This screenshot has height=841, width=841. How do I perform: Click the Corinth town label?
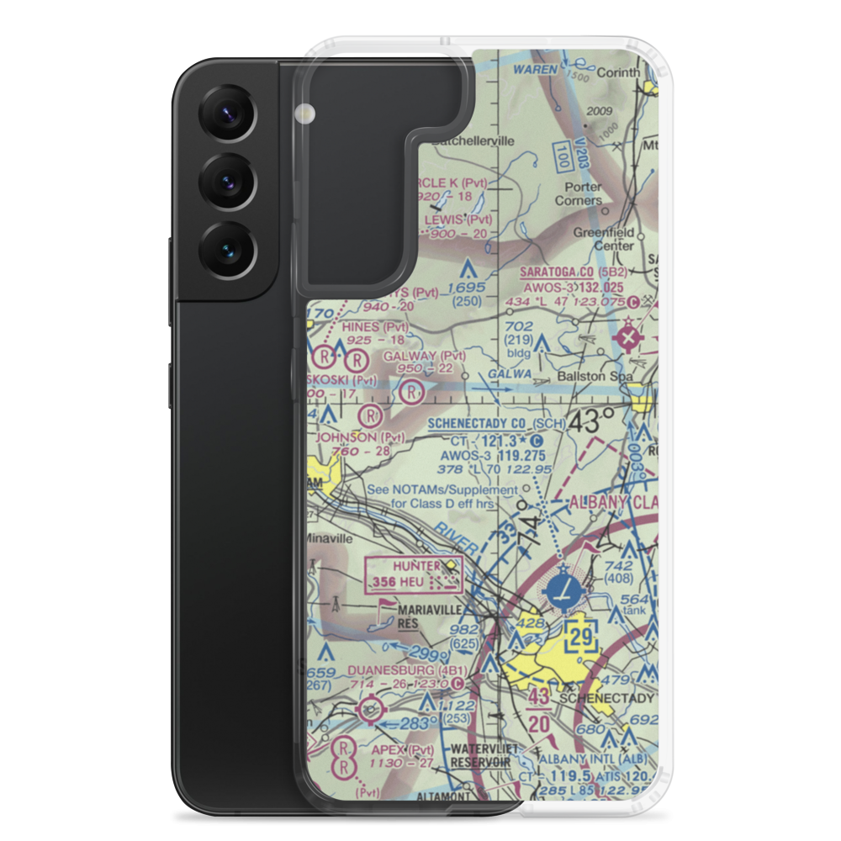click(x=618, y=73)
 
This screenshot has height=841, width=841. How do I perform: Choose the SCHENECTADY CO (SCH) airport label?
click(x=492, y=424)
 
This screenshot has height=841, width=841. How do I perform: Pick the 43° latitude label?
click(x=593, y=420)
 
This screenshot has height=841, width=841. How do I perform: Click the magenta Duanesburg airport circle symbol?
click(x=368, y=712)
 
